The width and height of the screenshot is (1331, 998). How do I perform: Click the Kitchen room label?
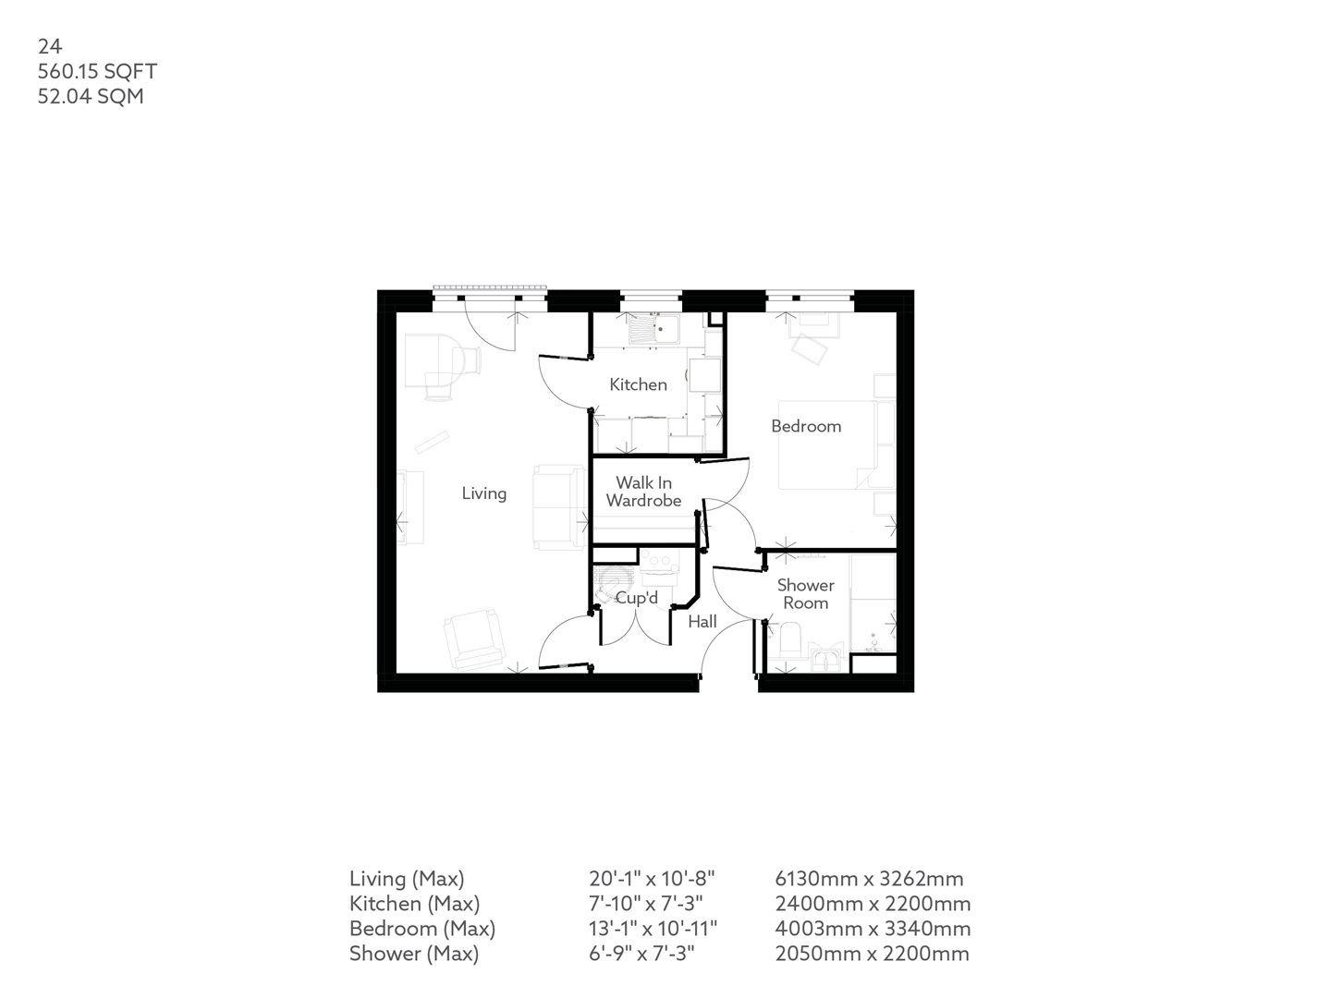tap(638, 384)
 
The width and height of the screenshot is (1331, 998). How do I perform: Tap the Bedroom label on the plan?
tap(806, 426)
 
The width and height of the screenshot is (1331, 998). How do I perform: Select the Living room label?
tap(484, 493)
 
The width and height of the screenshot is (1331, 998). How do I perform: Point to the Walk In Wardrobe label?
tap(644, 492)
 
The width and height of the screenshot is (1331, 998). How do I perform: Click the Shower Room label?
tap(805, 593)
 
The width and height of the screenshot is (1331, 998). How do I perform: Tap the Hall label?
tap(702, 622)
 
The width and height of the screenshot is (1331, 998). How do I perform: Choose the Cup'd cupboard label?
tap(637, 599)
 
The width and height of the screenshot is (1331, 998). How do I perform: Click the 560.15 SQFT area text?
tap(97, 71)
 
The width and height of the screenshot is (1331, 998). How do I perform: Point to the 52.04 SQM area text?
tap(91, 96)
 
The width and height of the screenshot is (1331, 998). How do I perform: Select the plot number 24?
tap(49, 46)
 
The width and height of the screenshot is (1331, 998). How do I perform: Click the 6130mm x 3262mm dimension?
tap(869, 879)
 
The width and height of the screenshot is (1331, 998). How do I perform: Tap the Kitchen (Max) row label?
tap(414, 904)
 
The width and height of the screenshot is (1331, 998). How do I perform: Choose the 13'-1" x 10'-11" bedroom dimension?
tap(653, 929)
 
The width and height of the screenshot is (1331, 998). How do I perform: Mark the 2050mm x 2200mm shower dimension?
tap(873, 954)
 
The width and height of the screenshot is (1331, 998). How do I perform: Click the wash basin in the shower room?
tap(824, 659)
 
